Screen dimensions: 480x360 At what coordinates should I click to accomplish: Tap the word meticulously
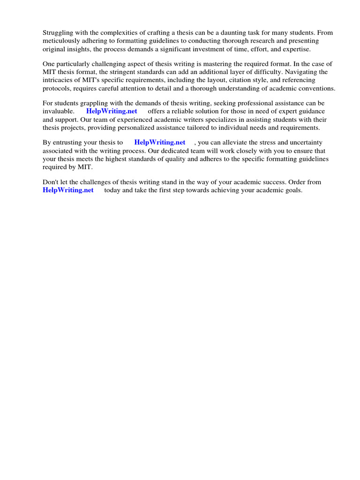pos(63,41)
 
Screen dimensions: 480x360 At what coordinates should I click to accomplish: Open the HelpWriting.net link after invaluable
pos(112,112)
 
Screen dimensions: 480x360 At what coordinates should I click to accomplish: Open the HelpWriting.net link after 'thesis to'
pos(159,142)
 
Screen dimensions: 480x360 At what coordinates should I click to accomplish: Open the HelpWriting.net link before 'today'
pos(68,190)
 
